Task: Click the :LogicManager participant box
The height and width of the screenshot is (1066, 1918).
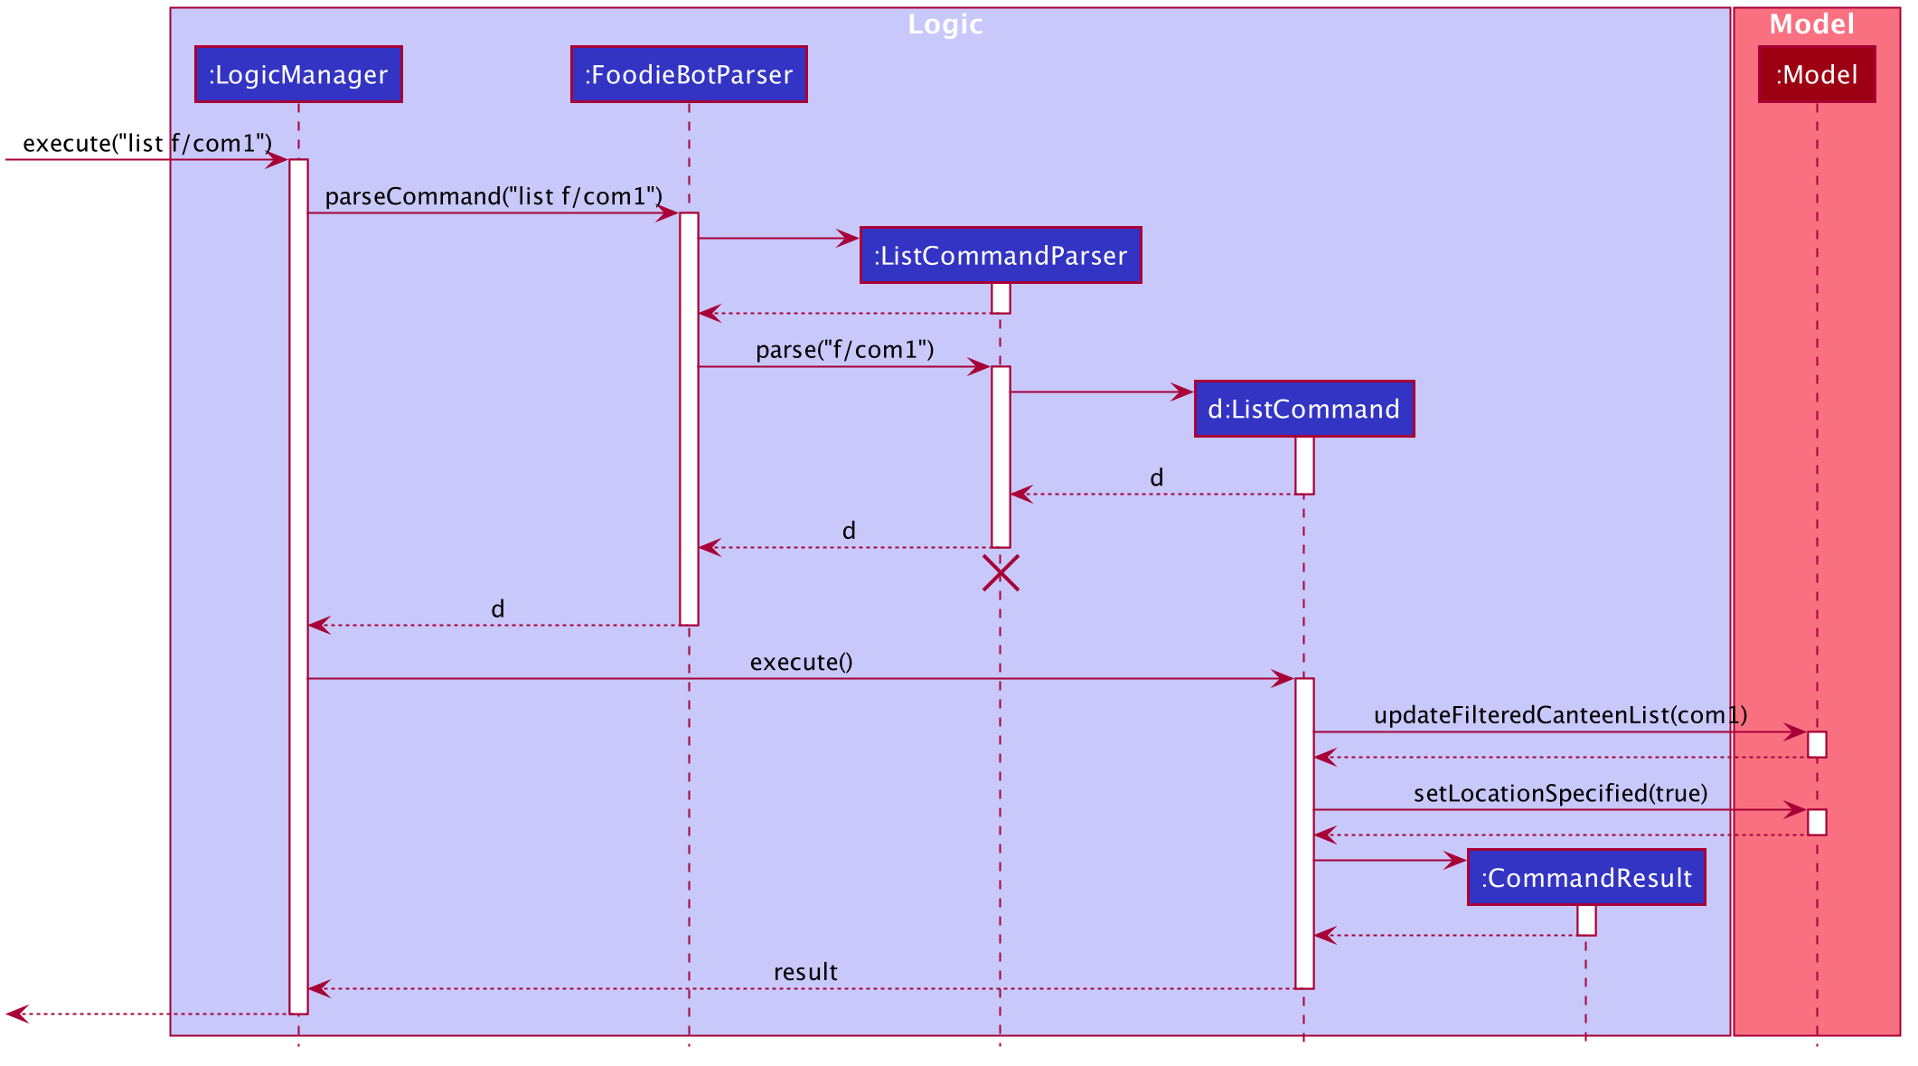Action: pyautogui.click(x=298, y=74)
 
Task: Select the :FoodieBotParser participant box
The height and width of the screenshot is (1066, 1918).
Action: pyautogui.click(x=689, y=74)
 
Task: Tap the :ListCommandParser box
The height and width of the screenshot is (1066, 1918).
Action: pyautogui.click(x=1001, y=255)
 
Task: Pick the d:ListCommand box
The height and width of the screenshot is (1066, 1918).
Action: pyautogui.click(x=1304, y=409)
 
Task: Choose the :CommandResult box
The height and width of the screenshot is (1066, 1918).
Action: pyautogui.click(x=1586, y=877)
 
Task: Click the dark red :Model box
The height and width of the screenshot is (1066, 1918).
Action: pyautogui.click(x=1817, y=74)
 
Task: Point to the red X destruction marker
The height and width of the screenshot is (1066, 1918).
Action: pyautogui.click(x=1001, y=573)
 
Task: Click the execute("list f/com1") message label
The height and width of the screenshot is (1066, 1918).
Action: pyautogui.click(x=147, y=143)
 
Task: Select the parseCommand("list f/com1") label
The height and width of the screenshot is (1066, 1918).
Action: pyautogui.click(x=494, y=196)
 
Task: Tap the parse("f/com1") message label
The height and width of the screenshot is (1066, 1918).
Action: pyautogui.click(x=845, y=350)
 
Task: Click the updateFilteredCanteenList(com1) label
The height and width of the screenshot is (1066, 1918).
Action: pyautogui.click(x=1560, y=715)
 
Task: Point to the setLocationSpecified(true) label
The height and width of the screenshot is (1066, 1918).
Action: pyautogui.click(x=1561, y=793)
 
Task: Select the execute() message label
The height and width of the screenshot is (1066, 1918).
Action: pyautogui.click(x=802, y=662)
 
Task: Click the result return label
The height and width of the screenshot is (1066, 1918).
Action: pyautogui.click(x=805, y=972)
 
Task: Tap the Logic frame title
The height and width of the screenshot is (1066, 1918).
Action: pyautogui.click(x=945, y=24)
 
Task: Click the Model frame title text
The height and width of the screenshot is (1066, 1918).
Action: pyautogui.click(x=1812, y=24)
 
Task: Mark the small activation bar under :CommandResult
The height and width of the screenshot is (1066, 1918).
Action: pyautogui.click(x=1586, y=920)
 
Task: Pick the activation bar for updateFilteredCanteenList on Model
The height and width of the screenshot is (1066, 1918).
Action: pyautogui.click(x=1817, y=744)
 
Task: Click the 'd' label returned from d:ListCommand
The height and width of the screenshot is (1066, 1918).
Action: pyautogui.click(x=1156, y=477)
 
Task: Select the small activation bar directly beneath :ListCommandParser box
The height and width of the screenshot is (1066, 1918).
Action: pyautogui.click(x=1001, y=298)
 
